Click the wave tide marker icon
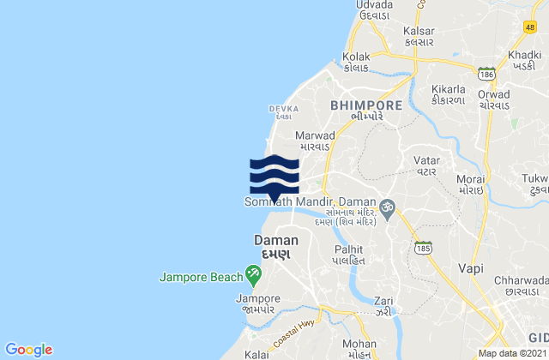(x=274, y=177)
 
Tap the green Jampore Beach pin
(x=253, y=274)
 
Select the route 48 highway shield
(x=530, y=27)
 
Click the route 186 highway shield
(x=486, y=73)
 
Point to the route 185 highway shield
(x=421, y=248)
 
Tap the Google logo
(x=28, y=349)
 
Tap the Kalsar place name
(x=418, y=31)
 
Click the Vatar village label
(x=425, y=159)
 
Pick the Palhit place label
(x=348, y=249)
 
